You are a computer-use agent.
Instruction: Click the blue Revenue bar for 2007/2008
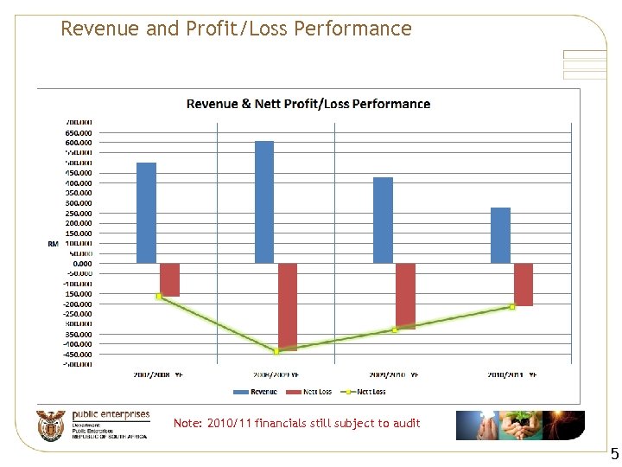pyautogui.click(x=146, y=213)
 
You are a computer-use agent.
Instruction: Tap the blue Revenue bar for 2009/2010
pyautogui.click(x=383, y=221)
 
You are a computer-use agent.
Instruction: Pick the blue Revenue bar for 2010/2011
pyautogui.click(x=500, y=235)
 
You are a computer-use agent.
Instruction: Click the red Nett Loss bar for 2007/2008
pyautogui.click(x=169, y=279)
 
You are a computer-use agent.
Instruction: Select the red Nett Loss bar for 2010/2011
pyautogui.click(x=524, y=285)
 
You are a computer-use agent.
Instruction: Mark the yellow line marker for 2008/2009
pyautogui.click(x=276, y=351)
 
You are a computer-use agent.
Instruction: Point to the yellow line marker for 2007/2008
pyautogui.click(x=159, y=296)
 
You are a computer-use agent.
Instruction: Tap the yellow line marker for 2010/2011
pyautogui.click(x=512, y=306)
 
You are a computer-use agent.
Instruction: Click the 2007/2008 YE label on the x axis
pyautogui.click(x=158, y=374)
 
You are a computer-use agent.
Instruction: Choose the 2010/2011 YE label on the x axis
pyautogui.click(x=512, y=374)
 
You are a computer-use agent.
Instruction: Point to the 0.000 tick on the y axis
pyautogui.click(x=82, y=264)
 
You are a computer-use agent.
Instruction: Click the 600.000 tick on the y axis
pyautogui.click(x=79, y=143)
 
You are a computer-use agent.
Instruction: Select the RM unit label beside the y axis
pyautogui.click(x=53, y=244)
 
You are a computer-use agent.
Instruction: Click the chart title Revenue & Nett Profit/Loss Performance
pyautogui.click(x=308, y=104)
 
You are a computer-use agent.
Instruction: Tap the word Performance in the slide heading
pyautogui.click(x=352, y=29)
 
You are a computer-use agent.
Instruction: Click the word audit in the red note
pyautogui.click(x=405, y=423)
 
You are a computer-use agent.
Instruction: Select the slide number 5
pyautogui.click(x=614, y=453)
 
